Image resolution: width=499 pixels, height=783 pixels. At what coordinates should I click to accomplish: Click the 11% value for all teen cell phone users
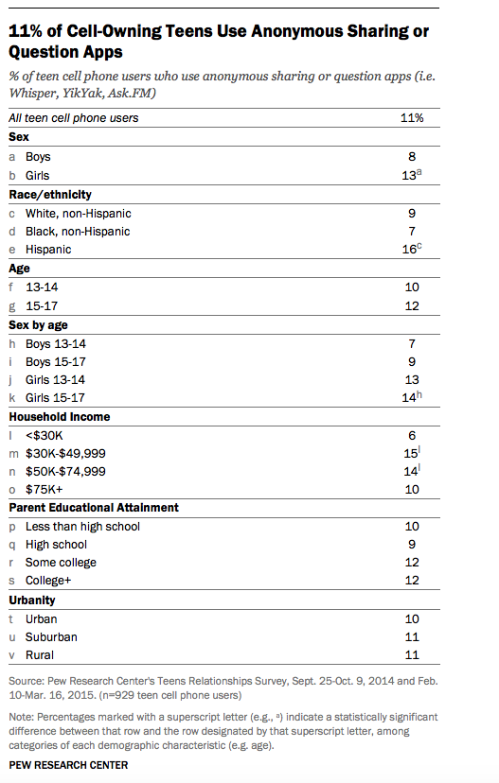point(412,118)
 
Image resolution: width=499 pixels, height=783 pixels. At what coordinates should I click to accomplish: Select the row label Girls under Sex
point(38,176)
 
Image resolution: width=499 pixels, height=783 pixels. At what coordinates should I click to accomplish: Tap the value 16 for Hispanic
point(409,250)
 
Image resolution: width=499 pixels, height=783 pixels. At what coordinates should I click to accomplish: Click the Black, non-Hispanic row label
point(78,232)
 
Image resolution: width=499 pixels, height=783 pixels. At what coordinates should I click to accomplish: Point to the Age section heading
point(19,269)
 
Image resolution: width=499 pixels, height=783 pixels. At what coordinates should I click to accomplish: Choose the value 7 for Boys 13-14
point(412,344)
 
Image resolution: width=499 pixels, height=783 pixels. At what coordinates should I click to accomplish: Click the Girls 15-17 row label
point(55,398)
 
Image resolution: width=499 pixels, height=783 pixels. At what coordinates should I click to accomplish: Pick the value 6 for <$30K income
point(412,435)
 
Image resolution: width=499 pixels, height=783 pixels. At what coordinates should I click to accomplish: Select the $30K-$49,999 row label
point(65,454)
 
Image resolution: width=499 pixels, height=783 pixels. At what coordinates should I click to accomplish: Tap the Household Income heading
point(60,417)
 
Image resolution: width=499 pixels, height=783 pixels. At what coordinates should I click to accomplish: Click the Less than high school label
point(82,527)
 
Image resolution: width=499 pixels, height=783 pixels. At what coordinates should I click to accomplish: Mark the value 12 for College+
point(412,581)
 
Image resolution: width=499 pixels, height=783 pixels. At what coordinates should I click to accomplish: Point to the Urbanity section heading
point(32,600)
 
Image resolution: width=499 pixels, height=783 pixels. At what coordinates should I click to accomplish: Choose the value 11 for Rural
point(412,655)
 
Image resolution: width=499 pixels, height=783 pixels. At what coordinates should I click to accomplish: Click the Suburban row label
point(51,637)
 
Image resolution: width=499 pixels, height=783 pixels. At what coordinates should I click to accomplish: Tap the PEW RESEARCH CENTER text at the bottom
point(68,766)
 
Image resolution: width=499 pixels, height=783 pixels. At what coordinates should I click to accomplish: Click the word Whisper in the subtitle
point(30,94)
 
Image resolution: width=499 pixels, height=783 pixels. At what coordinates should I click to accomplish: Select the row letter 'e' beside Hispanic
point(12,250)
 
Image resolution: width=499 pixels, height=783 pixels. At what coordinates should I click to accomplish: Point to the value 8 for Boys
point(412,157)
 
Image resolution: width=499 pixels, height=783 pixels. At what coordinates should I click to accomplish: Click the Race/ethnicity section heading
point(50,195)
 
